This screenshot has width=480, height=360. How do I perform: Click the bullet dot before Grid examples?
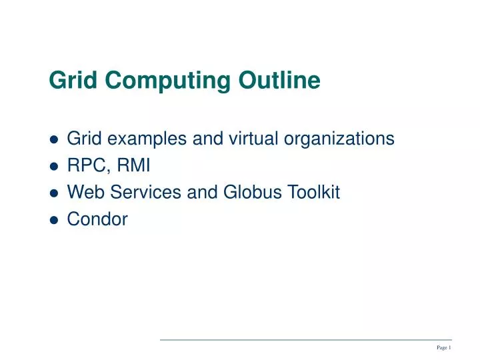(55, 139)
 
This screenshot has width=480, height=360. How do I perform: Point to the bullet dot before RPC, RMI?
(55, 167)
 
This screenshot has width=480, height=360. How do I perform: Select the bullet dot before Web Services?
(55, 193)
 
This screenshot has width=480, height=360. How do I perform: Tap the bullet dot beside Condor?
(55, 220)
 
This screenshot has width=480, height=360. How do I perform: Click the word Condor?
(97, 219)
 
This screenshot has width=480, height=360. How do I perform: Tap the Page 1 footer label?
(444, 347)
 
